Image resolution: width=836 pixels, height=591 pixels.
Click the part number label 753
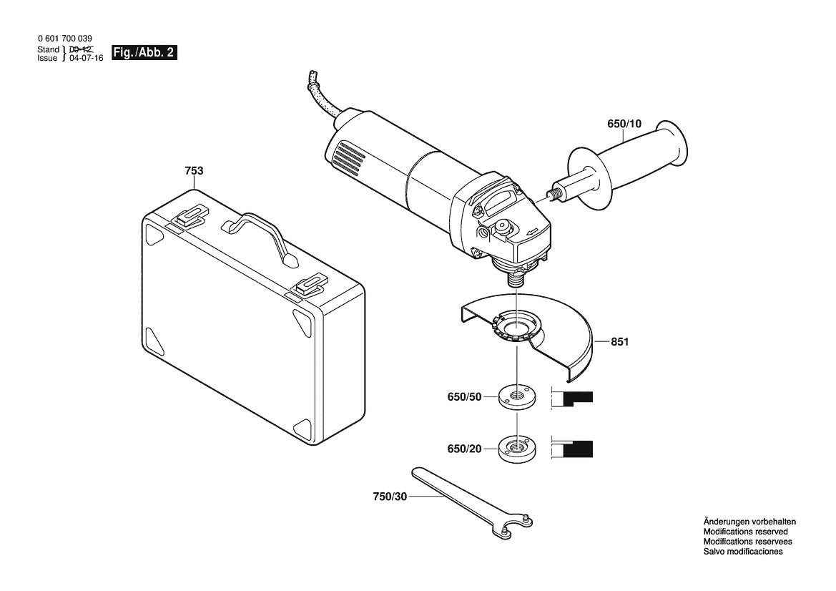[x=194, y=171]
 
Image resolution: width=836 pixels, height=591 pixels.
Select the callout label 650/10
[x=624, y=124]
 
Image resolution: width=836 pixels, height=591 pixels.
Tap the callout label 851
[x=619, y=343]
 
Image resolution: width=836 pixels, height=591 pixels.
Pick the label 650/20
[x=465, y=449]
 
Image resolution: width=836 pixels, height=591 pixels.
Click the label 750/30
[x=389, y=497]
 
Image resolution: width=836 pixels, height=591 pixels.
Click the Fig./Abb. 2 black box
[x=144, y=54]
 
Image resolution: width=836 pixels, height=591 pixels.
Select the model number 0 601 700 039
[x=64, y=39]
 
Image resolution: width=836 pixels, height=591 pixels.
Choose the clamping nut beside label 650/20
[x=514, y=449]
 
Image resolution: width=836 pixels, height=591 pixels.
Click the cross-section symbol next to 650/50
[x=574, y=398]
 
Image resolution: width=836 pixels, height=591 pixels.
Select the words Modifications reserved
[x=745, y=532]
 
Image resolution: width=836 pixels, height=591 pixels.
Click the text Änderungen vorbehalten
[x=749, y=522]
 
